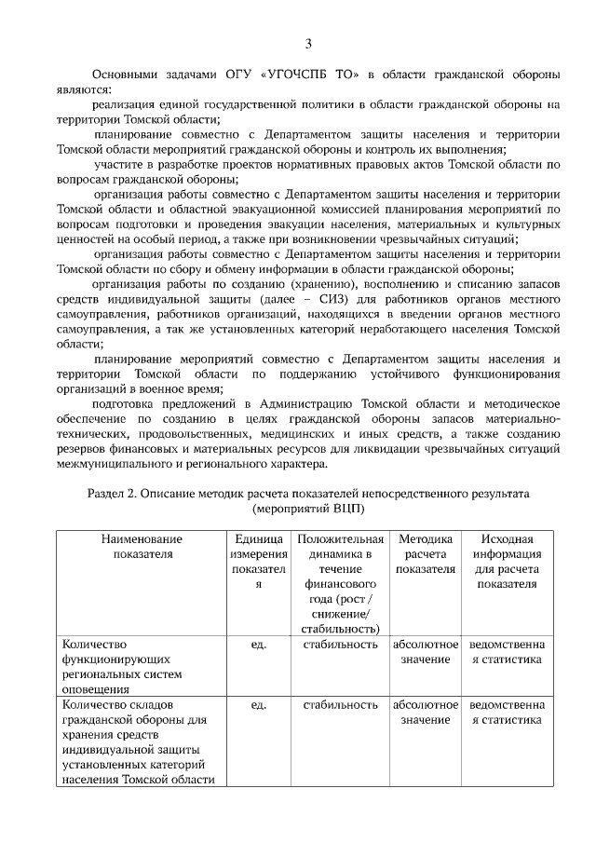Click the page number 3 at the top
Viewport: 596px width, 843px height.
pyautogui.click(x=308, y=43)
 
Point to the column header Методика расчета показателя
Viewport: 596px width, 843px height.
pyautogui.click(x=425, y=553)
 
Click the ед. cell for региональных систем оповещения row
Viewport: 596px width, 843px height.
pyautogui.click(x=258, y=644)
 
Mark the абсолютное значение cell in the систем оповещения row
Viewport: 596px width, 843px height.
pyautogui.click(x=425, y=651)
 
